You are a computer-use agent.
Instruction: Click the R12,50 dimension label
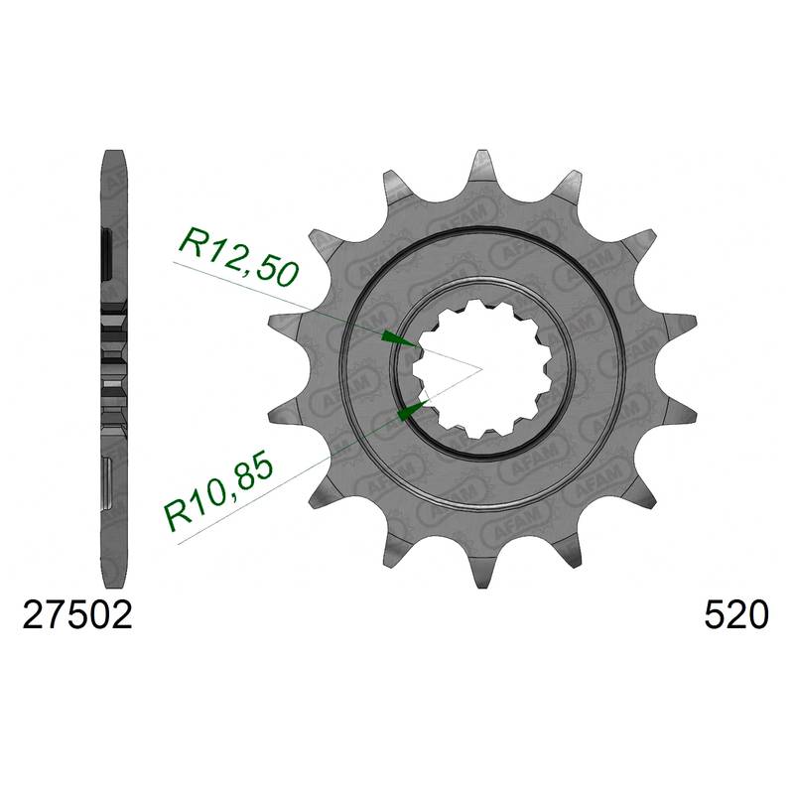237,257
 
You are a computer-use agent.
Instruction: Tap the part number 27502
77,615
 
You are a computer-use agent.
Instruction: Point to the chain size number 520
736,615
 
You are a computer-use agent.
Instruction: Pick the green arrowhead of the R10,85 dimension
413,409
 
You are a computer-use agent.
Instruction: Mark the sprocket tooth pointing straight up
482,167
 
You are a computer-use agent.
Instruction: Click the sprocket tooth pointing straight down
482,570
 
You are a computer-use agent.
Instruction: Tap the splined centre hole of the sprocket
482,368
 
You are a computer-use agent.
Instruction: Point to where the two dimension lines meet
481,368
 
